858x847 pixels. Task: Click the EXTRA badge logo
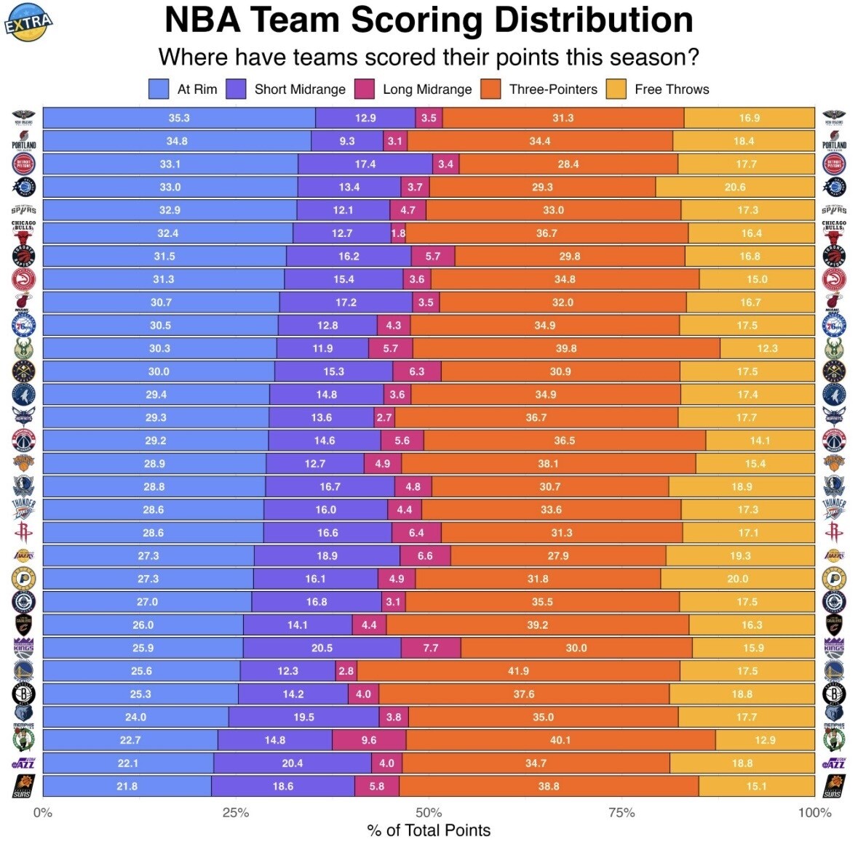click(29, 23)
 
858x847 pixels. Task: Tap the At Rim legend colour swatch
click(159, 89)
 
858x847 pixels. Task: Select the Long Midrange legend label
click(427, 89)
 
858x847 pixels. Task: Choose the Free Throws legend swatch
click(616, 89)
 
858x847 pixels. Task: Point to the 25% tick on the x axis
click(236, 813)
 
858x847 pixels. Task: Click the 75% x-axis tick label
click(621, 813)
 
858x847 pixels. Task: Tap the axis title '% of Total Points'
click(429, 830)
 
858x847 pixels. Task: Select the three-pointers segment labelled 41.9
click(518, 671)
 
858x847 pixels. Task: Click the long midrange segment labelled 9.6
click(369, 740)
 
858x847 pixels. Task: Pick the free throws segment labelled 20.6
click(735, 187)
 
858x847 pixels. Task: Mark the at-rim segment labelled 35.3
click(179, 118)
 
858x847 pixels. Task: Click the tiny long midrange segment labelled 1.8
click(398, 233)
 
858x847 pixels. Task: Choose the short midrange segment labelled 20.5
click(322, 648)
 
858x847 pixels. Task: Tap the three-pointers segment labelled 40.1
click(560, 740)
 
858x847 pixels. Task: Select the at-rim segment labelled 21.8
click(127, 786)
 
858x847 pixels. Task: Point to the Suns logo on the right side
click(833, 786)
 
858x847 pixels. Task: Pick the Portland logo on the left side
click(23, 141)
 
